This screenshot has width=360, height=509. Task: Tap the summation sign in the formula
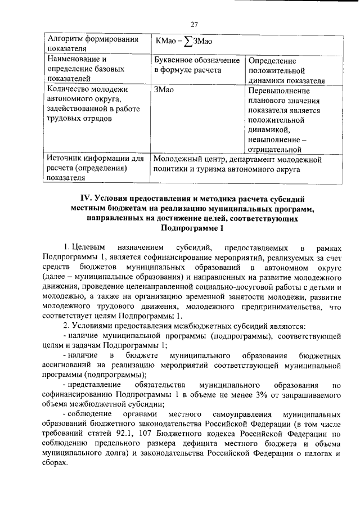coord(188,40)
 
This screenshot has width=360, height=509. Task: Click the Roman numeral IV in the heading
coord(89,198)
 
